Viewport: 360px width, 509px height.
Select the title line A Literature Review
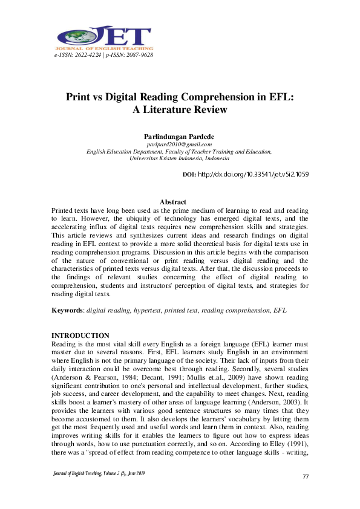click(x=180, y=109)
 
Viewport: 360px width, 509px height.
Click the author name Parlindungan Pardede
click(x=179, y=137)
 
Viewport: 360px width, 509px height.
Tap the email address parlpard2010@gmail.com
click(x=179, y=144)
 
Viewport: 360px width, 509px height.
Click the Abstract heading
click(x=179, y=202)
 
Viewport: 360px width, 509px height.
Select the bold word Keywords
click(x=67, y=310)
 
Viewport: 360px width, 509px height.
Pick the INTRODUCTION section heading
click(x=80, y=336)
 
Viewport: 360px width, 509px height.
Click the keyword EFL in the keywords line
click(x=280, y=310)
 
